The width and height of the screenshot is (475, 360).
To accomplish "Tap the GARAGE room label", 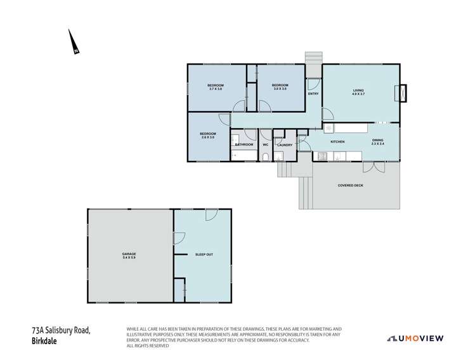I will pos(129,255).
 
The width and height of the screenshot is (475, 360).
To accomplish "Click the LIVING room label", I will pos(359,91).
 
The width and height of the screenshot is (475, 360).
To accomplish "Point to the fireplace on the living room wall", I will pos(401,93).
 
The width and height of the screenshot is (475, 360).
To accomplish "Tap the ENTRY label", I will pos(313,94).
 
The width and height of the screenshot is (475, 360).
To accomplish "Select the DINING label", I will pos(377,140).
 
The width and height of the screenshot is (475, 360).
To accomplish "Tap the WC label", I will pos(266,145).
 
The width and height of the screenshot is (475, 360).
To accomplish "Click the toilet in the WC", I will pos(266,157).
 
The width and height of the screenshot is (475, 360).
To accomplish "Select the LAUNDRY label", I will pos(285,145).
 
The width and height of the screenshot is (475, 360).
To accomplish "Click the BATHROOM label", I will pos(244,145).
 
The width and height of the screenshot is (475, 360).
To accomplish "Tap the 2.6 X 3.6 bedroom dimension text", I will pos(208,137).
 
